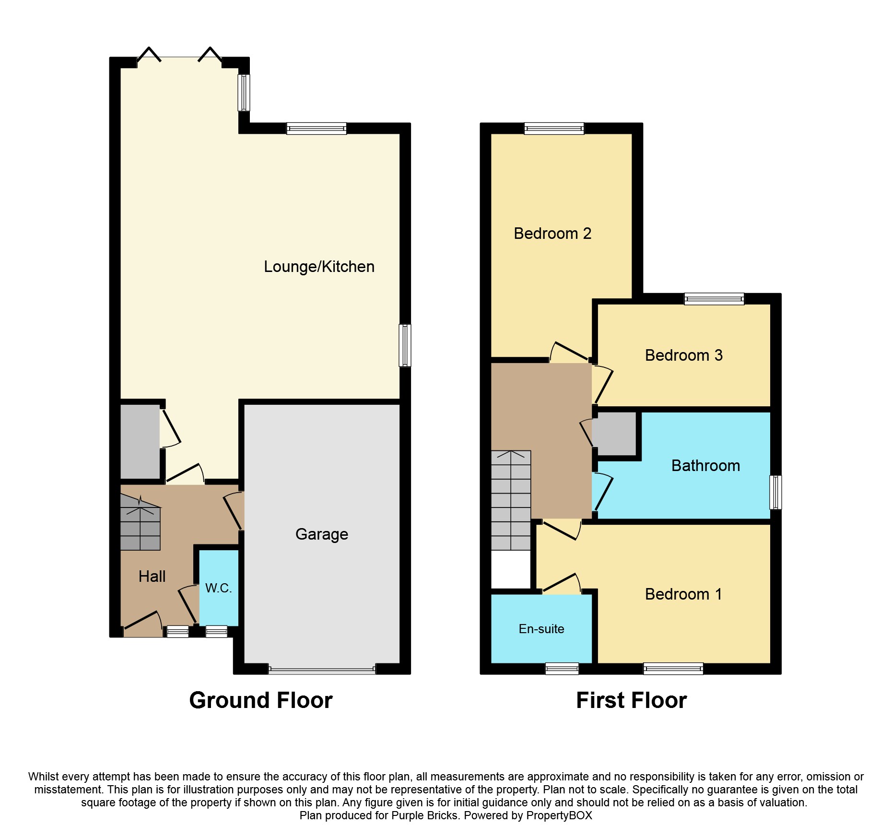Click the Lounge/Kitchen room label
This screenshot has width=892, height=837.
click(319, 267)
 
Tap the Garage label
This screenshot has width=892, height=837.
click(321, 534)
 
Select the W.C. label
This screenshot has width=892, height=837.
click(218, 588)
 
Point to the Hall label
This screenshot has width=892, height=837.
click(152, 576)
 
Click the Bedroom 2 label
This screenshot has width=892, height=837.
click(552, 234)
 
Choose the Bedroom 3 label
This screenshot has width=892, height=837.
click(683, 355)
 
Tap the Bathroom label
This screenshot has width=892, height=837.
click(705, 466)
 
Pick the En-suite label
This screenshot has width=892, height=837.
click(541, 629)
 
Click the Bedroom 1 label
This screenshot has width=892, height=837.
click(683, 594)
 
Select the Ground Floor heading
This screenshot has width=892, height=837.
click(261, 700)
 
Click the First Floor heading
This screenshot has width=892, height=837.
click(631, 700)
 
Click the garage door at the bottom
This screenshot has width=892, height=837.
click(322, 670)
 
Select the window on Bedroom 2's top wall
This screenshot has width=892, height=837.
click(554, 128)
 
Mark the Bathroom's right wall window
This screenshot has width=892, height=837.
click(775, 492)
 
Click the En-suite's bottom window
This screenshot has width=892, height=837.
click(562, 668)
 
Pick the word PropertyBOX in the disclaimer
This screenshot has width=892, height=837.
click(559, 815)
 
